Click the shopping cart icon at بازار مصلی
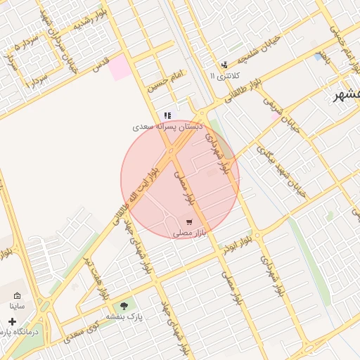click(188, 222)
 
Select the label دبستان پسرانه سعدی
click(169, 127)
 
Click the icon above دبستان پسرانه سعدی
click(167, 115)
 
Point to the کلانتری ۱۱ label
click(225, 75)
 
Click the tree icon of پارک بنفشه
click(124, 306)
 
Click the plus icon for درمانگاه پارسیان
click(12, 321)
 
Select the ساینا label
click(17, 307)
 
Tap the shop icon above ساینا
click(17, 296)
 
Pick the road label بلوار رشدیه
click(85, 20)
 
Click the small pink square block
click(120, 67)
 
